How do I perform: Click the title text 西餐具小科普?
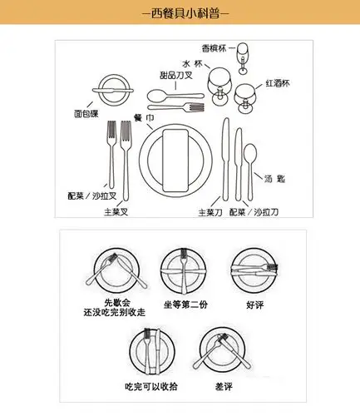pos(180,13)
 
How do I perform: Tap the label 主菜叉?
pos(115,211)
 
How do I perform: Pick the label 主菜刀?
pos(210,211)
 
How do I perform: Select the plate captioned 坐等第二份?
pos(181,268)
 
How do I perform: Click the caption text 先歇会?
pos(111,301)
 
